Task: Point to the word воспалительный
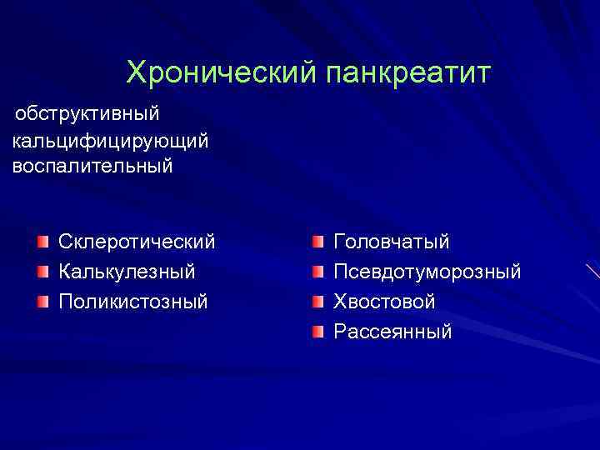93,165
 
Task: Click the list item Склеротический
137,242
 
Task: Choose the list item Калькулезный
127,272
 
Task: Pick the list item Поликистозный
133,301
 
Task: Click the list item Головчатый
392,242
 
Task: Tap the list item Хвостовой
384,301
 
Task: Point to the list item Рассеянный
392,332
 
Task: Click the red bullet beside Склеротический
42,242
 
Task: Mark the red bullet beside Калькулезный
42,272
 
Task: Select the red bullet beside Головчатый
317,242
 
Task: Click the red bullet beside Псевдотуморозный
317,272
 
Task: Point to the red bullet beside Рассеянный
317,332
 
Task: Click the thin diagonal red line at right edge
592,270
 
